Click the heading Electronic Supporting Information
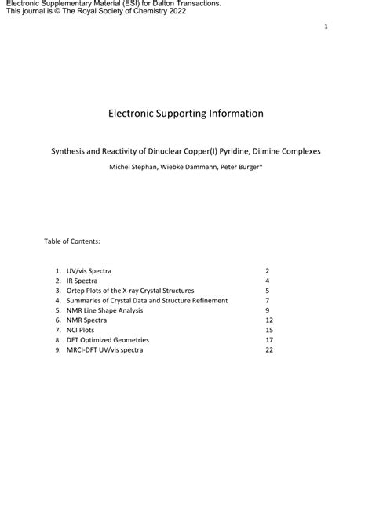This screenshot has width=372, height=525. [x=186, y=114]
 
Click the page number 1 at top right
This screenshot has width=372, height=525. [x=326, y=27]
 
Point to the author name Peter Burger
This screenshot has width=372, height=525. [x=239, y=167]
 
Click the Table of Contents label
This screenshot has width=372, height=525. [x=71, y=241]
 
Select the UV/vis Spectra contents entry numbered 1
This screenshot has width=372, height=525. [x=89, y=270]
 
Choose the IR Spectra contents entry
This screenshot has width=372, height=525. [x=82, y=281]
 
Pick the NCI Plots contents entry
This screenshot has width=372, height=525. [x=81, y=330]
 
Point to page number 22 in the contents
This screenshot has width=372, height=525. [x=268, y=350]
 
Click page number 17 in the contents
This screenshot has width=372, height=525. [x=268, y=340]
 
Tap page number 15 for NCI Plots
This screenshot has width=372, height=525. [x=268, y=330]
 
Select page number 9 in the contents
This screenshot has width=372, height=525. [x=267, y=310]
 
